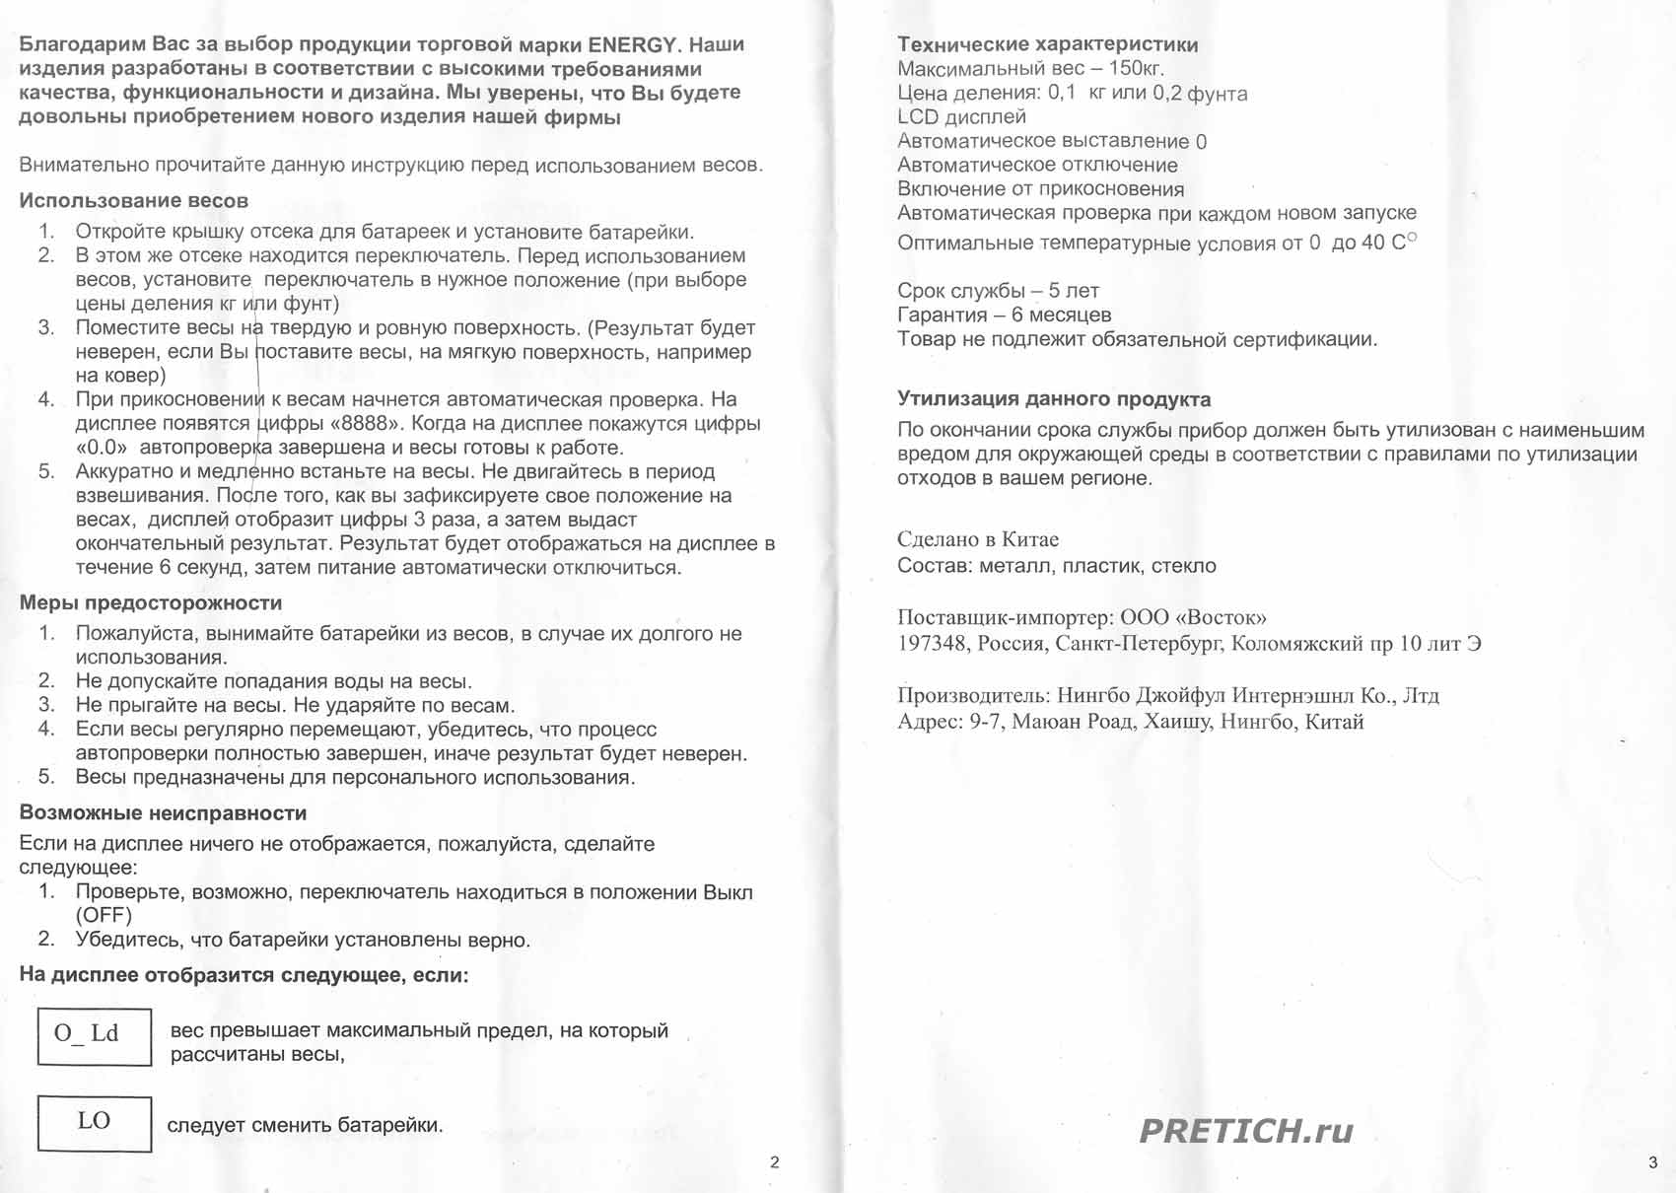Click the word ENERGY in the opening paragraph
click(x=632, y=45)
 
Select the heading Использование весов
click(x=133, y=201)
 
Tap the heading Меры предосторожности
click(x=151, y=603)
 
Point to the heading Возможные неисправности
click(x=163, y=813)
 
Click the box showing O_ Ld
click(x=94, y=1035)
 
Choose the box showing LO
click(x=94, y=1122)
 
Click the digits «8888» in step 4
click(x=371, y=424)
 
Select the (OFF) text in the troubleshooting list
click(x=104, y=915)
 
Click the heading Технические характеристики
click(x=1047, y=44)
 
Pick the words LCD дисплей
click(x=961, y=117)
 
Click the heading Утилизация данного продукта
click(x=1053, y=399)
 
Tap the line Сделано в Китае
click(x=977, y=539)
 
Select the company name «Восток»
click(x=1221, y=618)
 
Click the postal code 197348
click(x=932, y=644)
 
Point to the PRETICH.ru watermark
click(x=1246, y=1131)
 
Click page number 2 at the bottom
click(x=774, y=1162)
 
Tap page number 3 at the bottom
click(x=1653, y=1162)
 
